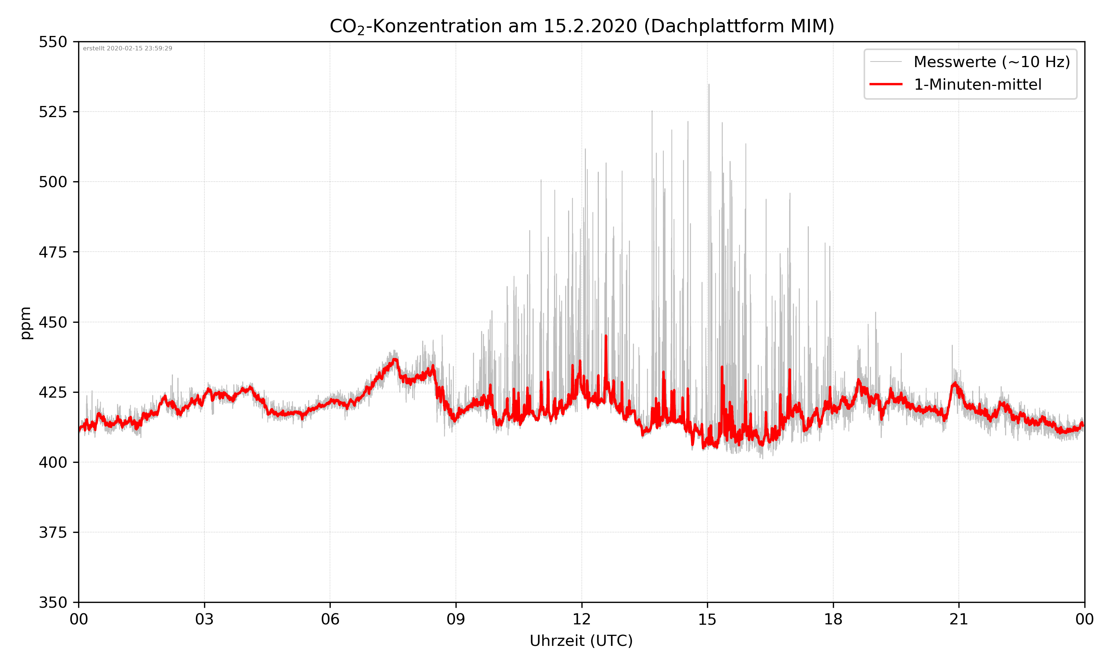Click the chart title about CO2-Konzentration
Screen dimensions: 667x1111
click(x=581, y=26)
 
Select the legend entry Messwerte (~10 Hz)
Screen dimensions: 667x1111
click(x=991, y=62)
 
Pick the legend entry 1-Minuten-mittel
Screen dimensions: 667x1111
click(x=977, y=84)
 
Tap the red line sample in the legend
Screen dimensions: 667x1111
click(x=885, y=84)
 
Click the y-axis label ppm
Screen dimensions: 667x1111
click(x=26, y=323)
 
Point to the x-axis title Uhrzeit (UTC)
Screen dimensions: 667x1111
click(x=581, y=640)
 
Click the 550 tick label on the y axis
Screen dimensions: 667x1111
click(x=53, y=42)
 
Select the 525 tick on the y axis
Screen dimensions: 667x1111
click(x=53, y=112)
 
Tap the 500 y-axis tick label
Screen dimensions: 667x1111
click(x=53, y=182)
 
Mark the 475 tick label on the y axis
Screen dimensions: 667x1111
click(x=53, y=252)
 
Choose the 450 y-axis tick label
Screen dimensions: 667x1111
click(x=53, y=322)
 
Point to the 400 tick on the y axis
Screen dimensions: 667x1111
click(x=53, y=462)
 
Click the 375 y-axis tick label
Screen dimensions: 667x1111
click(x=53, y=532)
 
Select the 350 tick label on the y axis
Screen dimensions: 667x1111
click(x=53, y=603)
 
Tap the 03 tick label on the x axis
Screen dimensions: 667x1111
click(x=204, y=619)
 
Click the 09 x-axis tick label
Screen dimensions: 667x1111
click(x=456, y=619)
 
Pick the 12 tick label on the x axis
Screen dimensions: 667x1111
click(x=581, y=619)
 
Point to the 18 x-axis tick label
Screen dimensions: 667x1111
click(x=833, y=619)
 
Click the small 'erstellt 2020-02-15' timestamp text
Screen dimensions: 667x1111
click(x=127, y=49)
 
